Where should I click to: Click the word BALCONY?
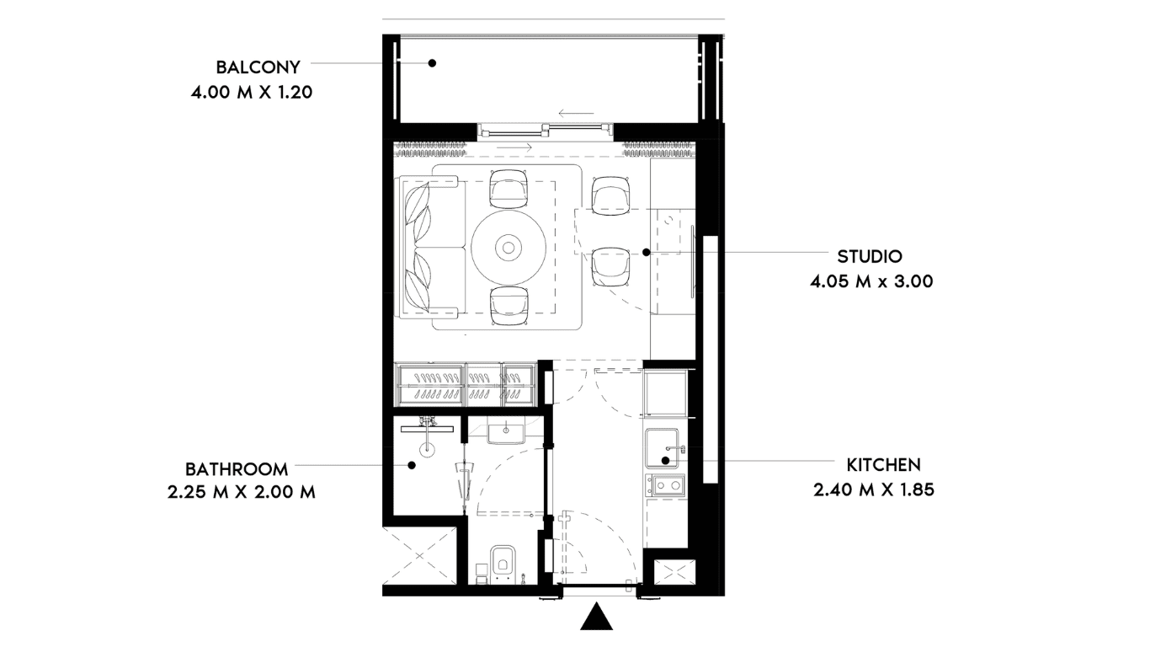pyautogui.click(x=258, y=67)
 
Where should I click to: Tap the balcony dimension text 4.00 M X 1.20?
pyautogui.click(x=252, y=93)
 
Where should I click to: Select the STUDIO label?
pyautogui.click(x=870, y=256)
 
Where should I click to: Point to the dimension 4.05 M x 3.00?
pyautogui.click(x=871, y=281)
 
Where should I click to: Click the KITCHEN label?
pyautogui.click(x=884, y=465)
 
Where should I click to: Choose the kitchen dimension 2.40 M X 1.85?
pyautogui.click(x=874, y=489)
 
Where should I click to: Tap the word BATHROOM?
pyautogui.click(x=237, y=469)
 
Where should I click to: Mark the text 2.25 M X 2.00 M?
pyautogui.click(x=242, y=492)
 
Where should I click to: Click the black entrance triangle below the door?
pyautogui.click(x=597, y=616)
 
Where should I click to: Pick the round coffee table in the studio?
pyautogui.click(x=508, y=249)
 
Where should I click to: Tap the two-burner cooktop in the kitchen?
pyautogui.click(x=665, y=484)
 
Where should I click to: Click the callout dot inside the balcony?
pyautogui.click(x=432, y=63)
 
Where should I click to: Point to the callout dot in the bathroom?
pyautogui.click(x=411, y=466)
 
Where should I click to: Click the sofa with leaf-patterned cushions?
pyautogui.click(x=431, y=247)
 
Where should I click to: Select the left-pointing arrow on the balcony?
pyautogui.click(x=576, y=113)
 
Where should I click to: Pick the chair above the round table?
pyautogui.click(x=508, y=189)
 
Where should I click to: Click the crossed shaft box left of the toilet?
pyautogui.click(x=419, y=555)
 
